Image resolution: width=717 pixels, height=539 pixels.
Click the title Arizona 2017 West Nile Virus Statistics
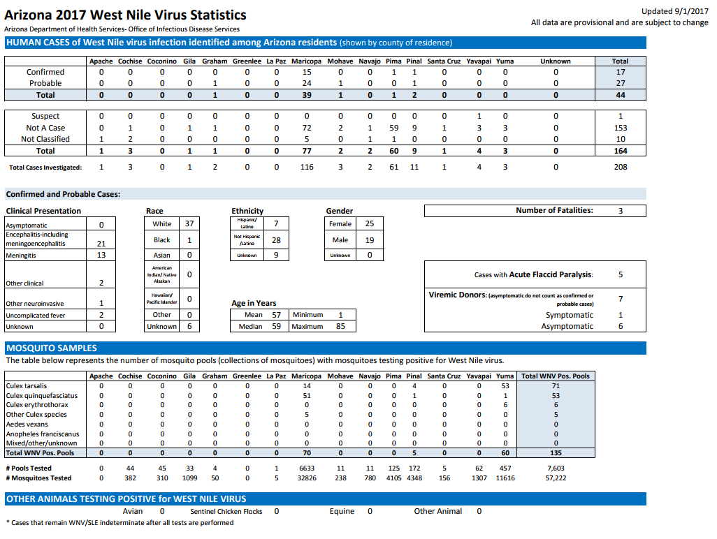125,15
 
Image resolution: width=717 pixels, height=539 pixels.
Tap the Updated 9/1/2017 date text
674,11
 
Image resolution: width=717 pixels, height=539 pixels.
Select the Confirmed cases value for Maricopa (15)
307,72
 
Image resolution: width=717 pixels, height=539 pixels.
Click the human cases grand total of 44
620,95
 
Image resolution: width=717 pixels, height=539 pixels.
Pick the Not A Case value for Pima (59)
393,128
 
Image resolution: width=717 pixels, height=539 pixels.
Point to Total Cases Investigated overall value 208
621,167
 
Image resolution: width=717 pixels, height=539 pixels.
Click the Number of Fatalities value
621,211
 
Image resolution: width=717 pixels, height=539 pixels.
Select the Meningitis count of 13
101,255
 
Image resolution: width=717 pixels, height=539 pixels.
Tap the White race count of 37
189,223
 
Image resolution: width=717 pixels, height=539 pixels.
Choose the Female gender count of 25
370,223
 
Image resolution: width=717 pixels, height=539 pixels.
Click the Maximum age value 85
340,326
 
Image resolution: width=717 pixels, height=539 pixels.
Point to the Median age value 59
276,326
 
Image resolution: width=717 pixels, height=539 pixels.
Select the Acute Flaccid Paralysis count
621,274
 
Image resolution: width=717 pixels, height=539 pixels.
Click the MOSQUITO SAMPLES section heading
52,348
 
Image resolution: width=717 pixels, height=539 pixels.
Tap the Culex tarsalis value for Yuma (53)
505,386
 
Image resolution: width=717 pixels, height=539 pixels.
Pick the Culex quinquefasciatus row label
42,396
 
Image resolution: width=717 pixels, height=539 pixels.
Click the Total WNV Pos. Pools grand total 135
556,452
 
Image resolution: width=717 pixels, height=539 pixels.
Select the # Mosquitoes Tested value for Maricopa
307,478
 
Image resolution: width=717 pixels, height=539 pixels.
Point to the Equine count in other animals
370,511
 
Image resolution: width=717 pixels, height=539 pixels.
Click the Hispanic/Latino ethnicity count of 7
276,223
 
